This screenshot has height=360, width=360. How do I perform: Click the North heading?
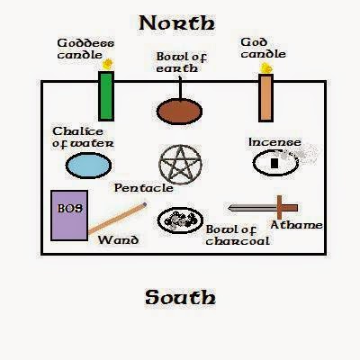pos(177,23)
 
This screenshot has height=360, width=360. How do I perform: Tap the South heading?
pos(180,297)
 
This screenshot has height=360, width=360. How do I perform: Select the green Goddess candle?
pos(106,96)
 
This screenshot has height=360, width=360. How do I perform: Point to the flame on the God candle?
pos(265,68)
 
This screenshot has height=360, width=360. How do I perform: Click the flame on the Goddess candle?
pos(107,64)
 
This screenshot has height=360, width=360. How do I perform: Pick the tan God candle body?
pos(265,98)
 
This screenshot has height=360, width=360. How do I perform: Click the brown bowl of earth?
pos(179,112)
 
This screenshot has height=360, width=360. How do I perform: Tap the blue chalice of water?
pos(88,166)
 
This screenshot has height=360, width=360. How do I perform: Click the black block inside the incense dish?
pos(274,163)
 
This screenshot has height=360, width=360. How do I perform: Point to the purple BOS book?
pos(69,215)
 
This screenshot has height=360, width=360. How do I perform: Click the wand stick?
pos(117,218)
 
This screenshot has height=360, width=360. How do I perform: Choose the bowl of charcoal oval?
pos(180,220)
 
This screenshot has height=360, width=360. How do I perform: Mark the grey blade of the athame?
pos(253,208)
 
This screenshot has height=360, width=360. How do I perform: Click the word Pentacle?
pos(144,188)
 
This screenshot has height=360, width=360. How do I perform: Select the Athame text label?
pos(296,225)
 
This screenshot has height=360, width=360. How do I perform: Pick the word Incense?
pos(274,142)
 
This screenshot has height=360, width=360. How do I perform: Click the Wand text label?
pos(118,240)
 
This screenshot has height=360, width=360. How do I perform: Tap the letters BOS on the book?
pos(70,208)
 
